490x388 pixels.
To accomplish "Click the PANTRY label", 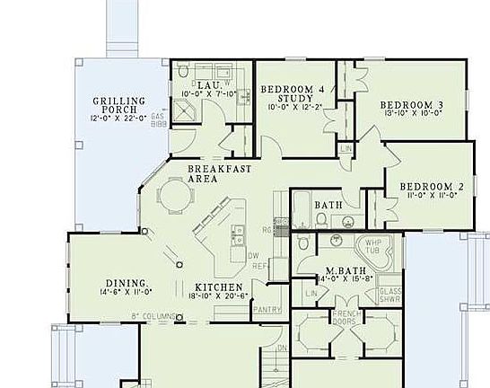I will (x=267, y=309).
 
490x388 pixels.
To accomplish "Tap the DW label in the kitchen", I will (x=255, y=255).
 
